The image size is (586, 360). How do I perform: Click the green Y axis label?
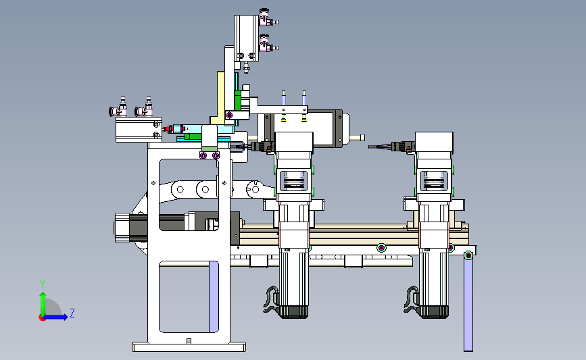(x=43, y=284)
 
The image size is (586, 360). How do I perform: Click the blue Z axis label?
(x=72, y=313)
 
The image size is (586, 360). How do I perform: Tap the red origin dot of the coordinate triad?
(x=42, y=317)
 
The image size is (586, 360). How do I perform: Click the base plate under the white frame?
(x=189, y=347)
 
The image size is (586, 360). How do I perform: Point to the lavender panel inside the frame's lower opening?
(x=214, y=297)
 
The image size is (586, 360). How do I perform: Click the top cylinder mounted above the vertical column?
(x=246, y=38)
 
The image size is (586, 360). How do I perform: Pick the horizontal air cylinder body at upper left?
(x=139, y=130)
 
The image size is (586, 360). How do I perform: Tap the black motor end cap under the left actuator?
(x=294, y=312)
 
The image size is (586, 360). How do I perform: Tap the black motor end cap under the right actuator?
(x=435, y=312)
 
